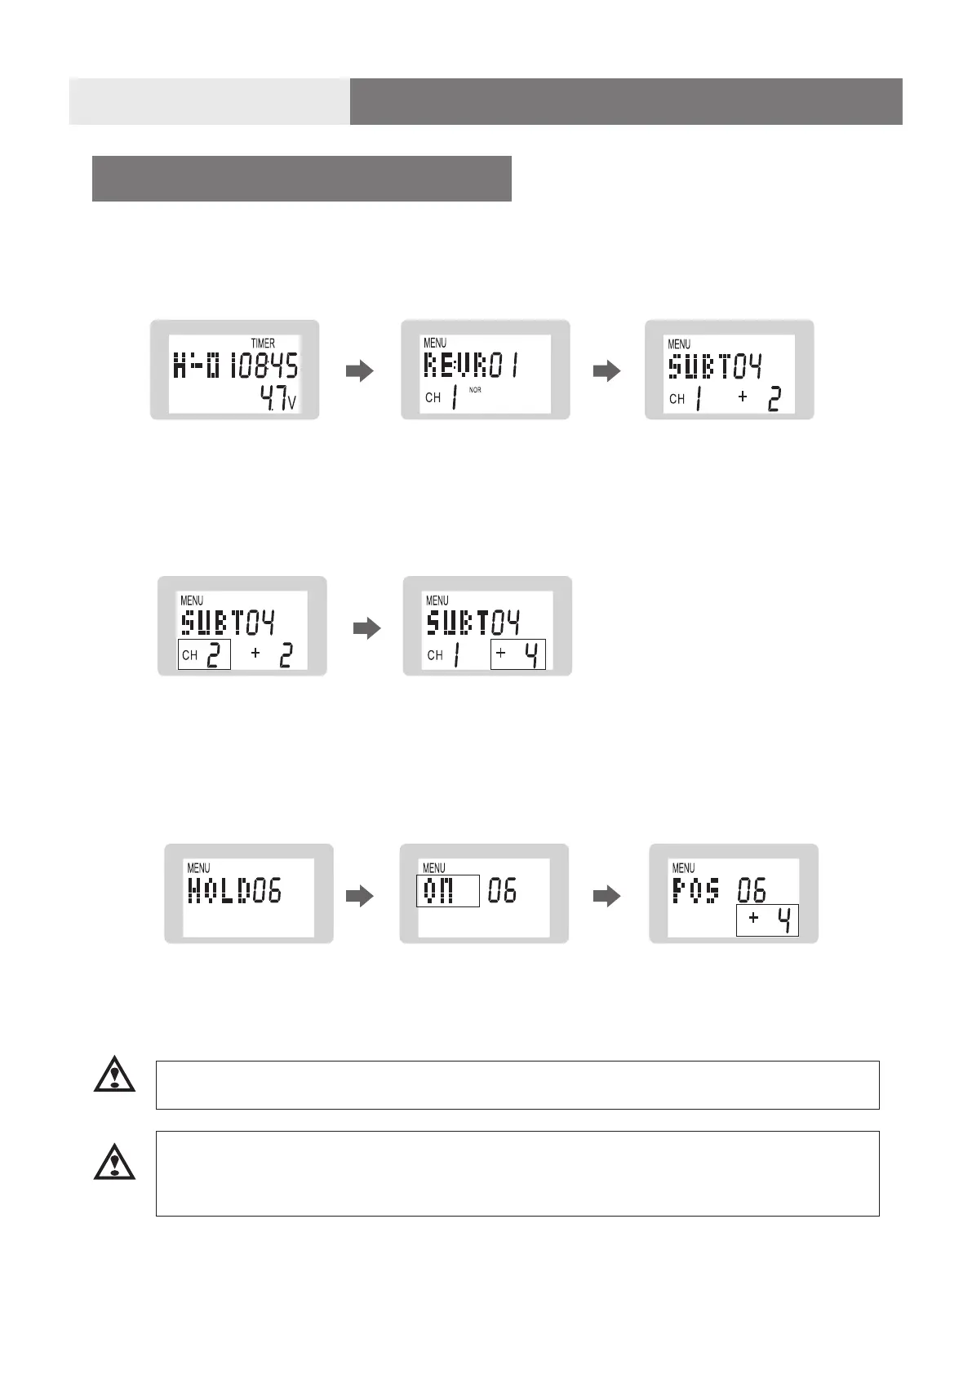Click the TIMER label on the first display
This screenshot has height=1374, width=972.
pyautogui.click(x=263, y=343)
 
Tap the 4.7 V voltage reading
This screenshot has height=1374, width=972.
pyautogui.click(x=277, y=399)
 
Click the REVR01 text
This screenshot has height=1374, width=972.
pyautogui.click(x=472, y=366)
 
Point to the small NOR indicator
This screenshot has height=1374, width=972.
pyautogui.click(x=475, y=390)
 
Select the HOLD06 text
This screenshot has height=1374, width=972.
pyautogui.click(x=235, y=890)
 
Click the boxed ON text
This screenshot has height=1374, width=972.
pyautogui.click(x=447, y=891)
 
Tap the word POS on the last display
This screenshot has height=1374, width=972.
pyautogui.click(x=696, y=890)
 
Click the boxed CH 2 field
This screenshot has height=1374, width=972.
pyautogui.click(x=204, y=654)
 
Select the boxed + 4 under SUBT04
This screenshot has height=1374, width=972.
pyautogui.click(x=518, y=654)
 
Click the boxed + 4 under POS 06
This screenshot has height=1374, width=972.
pyautogui.click(x=767, y=920)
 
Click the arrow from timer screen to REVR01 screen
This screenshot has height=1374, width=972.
pyautogui.click(x=360, y=371)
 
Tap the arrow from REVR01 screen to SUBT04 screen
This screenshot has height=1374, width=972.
pyautogui.click(x=606, y=371)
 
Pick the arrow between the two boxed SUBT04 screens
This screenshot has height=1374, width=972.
pyautogui.click(x=367, y=628)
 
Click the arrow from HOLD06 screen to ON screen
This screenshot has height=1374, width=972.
pyautogui.click(x=360, y=896)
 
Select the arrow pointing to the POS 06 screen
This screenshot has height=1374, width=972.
pyautogui.click(x=606, y=896)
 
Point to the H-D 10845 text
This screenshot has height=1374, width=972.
pyautogui.click(x=236, y=366)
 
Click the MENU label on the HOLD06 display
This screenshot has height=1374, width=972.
pyautogui.click(x=198, y=868)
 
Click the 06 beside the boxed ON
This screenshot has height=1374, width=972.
pyautogui.click(x=502, y=891)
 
